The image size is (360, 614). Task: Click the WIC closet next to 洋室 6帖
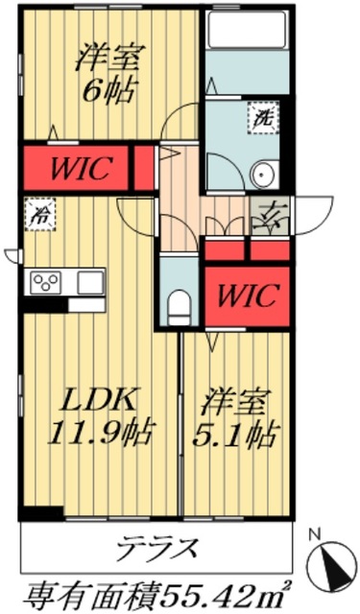(76, 166)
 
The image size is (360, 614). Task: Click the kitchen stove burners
(45, 282)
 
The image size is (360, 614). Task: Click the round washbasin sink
(263, 175)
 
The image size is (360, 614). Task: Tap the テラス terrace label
(158, 549)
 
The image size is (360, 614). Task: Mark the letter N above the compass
(311, 533)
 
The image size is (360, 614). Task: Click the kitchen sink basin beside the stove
(89, 282)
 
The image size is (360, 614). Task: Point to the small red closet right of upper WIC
(145, 166)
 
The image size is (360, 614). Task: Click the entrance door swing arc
(312, 209)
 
